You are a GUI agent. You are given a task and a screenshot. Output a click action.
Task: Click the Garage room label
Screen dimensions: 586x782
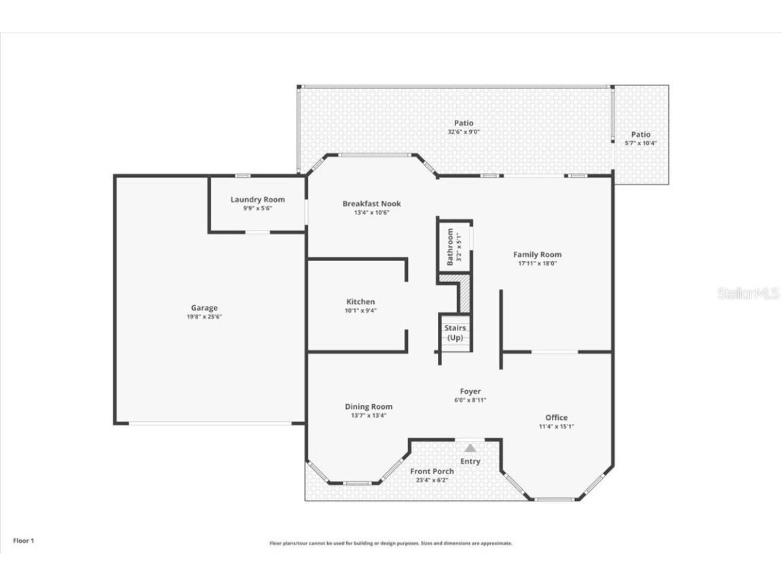pos(204,308)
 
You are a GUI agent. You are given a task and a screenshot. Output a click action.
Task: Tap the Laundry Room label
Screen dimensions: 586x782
pos(257,199)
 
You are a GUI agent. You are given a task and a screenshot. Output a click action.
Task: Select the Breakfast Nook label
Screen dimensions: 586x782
pos(371,203)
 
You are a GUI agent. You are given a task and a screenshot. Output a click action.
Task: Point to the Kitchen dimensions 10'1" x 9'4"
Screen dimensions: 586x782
pos(360,311)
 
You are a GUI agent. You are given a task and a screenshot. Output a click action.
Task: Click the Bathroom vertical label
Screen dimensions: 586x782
pos(450,246)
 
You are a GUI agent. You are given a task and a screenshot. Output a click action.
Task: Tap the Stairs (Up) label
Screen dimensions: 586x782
pos(455,332)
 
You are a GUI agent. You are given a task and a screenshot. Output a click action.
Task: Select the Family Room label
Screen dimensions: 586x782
pos(537,254)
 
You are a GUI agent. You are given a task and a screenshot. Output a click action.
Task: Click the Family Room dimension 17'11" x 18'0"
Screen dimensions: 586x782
pos(537,263)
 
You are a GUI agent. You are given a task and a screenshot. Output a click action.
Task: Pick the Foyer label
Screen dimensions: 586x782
pos(470,391)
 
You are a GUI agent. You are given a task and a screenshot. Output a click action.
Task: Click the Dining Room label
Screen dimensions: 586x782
pos(368,407)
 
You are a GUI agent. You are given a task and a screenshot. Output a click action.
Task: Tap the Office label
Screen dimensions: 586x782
pos(556,417)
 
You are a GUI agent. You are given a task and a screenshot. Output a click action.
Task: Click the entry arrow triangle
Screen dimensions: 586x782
pos(470,448)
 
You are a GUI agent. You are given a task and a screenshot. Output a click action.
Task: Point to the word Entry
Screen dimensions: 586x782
pos(470,461)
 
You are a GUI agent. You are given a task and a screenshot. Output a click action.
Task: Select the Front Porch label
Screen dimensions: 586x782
pos(432,471)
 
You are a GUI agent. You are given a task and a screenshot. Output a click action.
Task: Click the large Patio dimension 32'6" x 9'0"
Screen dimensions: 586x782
pos(464,132)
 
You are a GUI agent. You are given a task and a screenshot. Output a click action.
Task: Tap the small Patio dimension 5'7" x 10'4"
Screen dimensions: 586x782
pos(640,143)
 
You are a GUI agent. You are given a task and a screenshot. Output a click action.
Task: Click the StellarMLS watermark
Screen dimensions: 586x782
pos(748,294)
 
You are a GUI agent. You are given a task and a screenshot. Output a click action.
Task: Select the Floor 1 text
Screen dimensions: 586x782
pos(23,541)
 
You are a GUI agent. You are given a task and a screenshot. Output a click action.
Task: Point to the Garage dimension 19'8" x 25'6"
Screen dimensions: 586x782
pos(204,317)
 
